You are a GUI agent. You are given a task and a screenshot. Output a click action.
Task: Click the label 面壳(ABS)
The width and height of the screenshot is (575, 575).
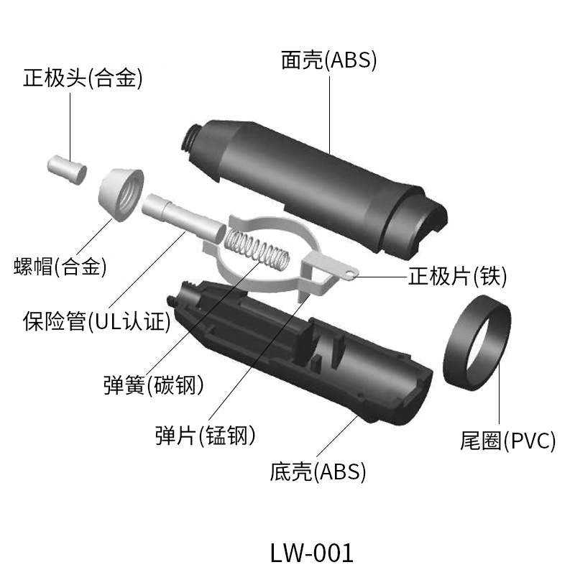(x=328, y=60)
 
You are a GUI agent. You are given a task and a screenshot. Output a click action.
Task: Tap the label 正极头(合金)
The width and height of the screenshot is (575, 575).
(x=83, y=78)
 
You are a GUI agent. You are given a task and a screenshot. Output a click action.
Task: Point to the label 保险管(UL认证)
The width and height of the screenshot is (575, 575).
(x=96, y=320)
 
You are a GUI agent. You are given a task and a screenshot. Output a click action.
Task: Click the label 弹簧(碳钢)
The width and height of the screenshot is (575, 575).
(x=153, y=385)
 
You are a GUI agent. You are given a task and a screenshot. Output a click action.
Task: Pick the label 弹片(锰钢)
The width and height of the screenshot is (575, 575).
(x=206, y=434)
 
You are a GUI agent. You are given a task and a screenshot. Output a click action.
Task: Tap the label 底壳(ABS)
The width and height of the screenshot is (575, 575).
(x=318, y=472)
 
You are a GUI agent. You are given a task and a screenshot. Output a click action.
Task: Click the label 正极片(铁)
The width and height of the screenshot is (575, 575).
(x=458, y=275)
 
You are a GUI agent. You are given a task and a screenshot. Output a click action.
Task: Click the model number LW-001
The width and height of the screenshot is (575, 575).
(x=312, y=552)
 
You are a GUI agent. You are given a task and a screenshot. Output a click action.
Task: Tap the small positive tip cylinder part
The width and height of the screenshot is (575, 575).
(x=66, y=167)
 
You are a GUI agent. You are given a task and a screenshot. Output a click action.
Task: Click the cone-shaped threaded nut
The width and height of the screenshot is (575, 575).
(x=121, y=193)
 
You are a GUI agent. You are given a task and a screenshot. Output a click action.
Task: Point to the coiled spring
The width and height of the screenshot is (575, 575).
(x=256, y=249)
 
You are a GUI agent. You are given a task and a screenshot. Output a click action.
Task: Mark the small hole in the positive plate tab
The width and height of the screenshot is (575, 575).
(x=349, y=272)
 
